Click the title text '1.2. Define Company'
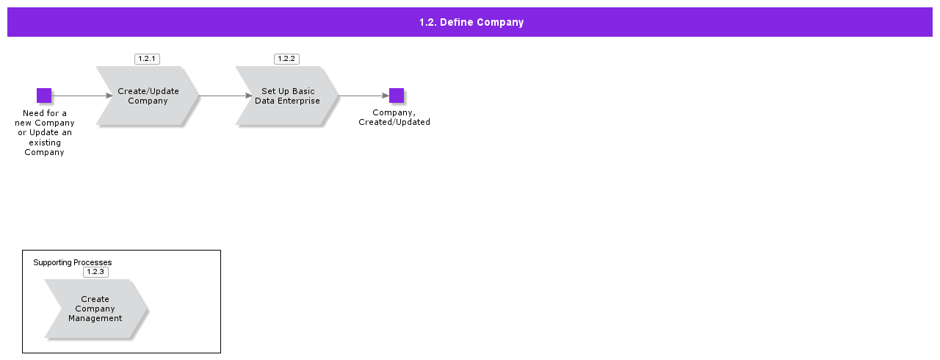tap(471, 22)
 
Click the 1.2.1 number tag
tap(147, 59)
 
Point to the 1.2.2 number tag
tap(286, 59)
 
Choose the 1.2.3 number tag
tap(95, 272)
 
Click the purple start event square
tap(44, 96)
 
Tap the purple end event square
tap(397, 96)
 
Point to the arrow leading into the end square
tap(364, 96)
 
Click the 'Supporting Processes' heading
tap(73, 262)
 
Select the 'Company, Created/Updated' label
tap(394, 118)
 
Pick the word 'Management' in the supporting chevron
tap(95, 318)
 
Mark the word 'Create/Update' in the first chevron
tap(148, 91)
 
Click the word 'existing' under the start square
tap(45, 143)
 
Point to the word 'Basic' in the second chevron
tap(303, 91)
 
